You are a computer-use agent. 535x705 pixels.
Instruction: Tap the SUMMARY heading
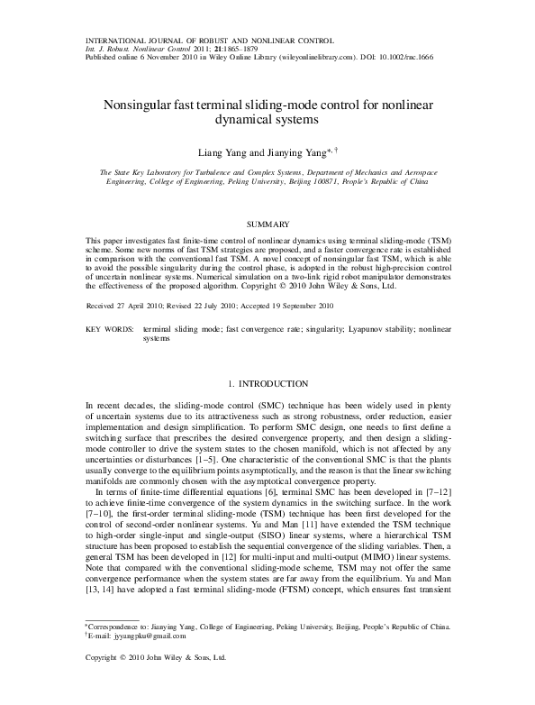tap(267, 222)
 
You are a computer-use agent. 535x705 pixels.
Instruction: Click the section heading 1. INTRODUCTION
tap(267, 383)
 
